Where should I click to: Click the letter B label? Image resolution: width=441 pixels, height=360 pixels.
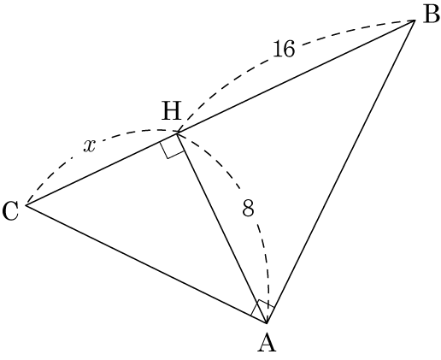431,15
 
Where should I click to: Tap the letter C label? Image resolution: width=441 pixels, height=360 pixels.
10,211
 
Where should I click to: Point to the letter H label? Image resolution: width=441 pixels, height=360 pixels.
172,111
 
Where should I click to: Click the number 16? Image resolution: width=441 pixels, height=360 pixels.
284,49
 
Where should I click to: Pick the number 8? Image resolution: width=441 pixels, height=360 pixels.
248,208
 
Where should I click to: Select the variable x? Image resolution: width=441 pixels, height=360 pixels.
89,146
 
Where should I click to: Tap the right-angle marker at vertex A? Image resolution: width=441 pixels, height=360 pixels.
262,310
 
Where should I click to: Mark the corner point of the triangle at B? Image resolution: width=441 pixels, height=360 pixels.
414,21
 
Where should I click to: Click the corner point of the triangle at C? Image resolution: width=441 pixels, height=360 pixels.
26,204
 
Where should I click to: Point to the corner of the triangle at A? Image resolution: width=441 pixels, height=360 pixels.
267,323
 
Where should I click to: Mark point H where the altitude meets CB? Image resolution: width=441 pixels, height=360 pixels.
178,133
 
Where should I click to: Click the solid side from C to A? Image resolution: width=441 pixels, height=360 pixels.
146,264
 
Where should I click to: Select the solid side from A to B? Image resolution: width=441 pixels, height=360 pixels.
340,172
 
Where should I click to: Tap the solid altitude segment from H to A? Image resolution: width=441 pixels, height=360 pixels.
222,228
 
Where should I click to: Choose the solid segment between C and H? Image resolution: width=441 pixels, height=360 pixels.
102,169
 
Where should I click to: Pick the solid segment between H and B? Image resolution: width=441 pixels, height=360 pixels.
296,77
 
